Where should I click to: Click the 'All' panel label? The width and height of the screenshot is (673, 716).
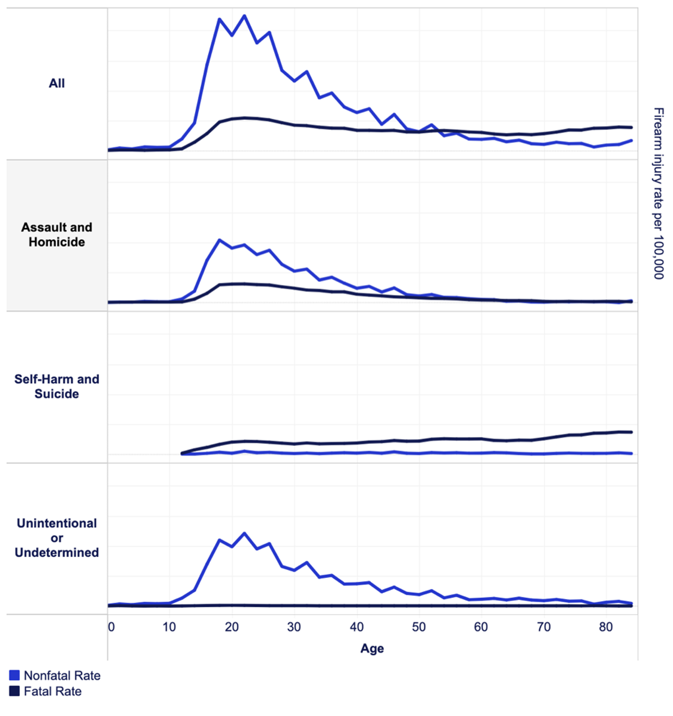click(x=57, y=83)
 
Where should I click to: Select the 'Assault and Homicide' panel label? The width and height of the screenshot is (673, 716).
click(x=57, y=235)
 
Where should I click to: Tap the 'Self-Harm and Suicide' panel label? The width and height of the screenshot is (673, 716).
click(x=57, y=387)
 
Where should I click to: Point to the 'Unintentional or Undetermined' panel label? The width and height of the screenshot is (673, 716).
click(x=57, y=538)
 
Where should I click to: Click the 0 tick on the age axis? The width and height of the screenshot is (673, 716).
click(x=111, y=627)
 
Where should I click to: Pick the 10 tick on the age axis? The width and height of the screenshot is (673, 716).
click(x=169, y=627)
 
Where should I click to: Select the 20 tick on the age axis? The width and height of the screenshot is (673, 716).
click(x=232, y=627)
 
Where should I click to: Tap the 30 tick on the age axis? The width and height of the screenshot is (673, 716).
click(x=294, y=627)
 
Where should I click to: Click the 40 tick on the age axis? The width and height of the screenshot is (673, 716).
click(x=357, y=627)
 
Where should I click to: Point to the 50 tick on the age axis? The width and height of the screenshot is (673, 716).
click(x=419, y=627)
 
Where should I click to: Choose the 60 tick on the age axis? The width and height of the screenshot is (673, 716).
click(x=481, y=627)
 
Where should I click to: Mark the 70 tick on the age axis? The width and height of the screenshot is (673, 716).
click(x=543, y=627)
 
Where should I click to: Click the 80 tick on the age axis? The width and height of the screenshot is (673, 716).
click(x=606, y=627)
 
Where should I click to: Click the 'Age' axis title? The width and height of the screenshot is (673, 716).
click(x=372, y=649)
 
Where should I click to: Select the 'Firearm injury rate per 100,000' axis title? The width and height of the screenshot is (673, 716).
click(x=658, y=193)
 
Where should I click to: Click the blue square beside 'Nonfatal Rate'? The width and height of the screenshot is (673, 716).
click(x=15, y=676)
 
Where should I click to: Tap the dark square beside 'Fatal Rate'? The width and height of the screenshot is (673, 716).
click(x=15, y=691)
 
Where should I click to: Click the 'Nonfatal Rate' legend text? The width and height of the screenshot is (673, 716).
click(x=62, y=676)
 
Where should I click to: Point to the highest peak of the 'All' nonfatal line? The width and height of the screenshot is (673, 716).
click(x=244, y=16)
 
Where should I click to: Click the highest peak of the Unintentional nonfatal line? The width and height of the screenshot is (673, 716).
click(x=244, y=533)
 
